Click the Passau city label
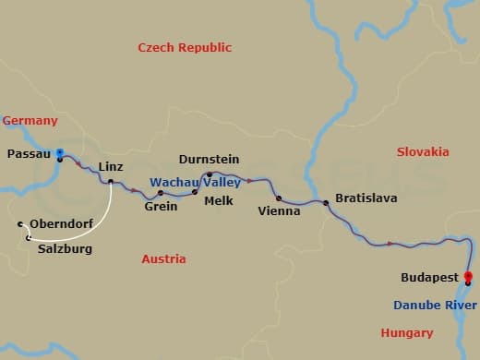(x=28, y=153)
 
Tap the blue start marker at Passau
(x=59, y=152)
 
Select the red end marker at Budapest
(x=468, y=276)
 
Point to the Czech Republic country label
(x=185, y=47)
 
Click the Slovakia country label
(x=423, y=151)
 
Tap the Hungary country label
(x=406, y=332)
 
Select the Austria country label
(x=163, y=259)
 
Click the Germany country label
(x=30, y=121)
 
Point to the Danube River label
(x=435, y=305)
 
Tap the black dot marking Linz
(x=110, y=182)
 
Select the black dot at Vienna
(x=278, y=198)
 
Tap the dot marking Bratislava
(x=325, y=202)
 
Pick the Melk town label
(x=220, y=200)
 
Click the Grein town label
(x=161, y=207)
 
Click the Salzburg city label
(x=65, y=248)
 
